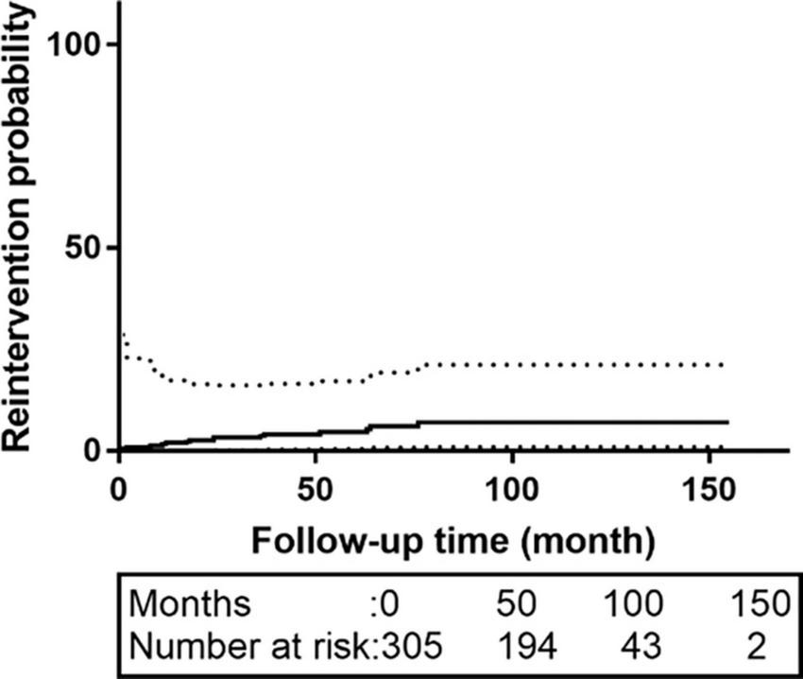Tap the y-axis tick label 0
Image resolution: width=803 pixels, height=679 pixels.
click(96, 451)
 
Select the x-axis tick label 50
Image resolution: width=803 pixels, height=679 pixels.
click(316, 493)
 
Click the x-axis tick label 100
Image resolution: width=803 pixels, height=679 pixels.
click(511, 493)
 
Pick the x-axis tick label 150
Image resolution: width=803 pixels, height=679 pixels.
click(707, 493)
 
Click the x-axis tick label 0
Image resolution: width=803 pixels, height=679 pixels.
click(119, 493)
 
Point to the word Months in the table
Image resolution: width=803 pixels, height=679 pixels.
click(191, 601)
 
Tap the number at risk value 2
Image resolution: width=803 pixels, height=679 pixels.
click(753, 647)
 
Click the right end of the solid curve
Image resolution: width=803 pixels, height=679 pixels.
click(727, 422)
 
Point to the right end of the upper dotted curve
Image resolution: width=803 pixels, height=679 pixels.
click(723, 364)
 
